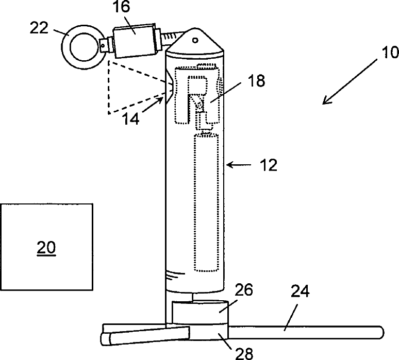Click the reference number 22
tap(39, 28)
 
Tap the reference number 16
tap(121, 7)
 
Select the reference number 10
tap(390, 53)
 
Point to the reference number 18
tap(256, 81)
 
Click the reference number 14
tap(131, 118)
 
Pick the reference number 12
tap(269, 165)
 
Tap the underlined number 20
tap(46, 248)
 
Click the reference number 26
tap(244, 290)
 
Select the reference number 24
tap(300, 292)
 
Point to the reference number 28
tap(244, 353)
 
